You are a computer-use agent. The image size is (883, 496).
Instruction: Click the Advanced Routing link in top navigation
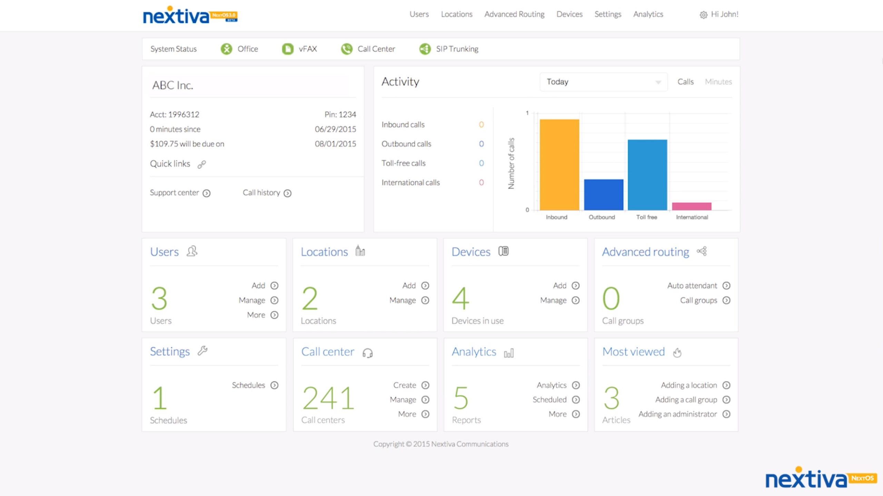(514, 14)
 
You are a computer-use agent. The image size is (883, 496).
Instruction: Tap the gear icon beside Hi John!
(703, 15)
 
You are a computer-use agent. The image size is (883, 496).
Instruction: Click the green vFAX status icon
(287, 49)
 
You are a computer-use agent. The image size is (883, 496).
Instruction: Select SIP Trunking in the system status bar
(457, 49)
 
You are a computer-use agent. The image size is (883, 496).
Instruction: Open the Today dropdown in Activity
(603, 82)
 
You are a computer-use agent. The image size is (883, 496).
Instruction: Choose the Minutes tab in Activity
(718, 82)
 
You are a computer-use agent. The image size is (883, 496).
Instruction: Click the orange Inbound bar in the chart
(559, 165)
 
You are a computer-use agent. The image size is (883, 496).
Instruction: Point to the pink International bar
(692, 206)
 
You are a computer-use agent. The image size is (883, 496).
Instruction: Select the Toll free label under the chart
(646, 217)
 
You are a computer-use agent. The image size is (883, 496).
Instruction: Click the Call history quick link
(261, 193)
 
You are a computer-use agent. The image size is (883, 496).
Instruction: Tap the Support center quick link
(175, 193)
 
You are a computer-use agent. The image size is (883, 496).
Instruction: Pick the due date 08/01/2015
(335, 144)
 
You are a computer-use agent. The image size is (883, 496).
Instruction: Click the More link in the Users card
(256, 315)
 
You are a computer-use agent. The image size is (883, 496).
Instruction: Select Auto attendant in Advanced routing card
(692, 285)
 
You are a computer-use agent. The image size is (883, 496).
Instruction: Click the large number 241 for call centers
(328, 398)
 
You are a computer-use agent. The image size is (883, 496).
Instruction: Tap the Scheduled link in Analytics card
(549, 399)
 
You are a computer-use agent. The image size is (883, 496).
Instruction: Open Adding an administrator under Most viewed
(677, 414)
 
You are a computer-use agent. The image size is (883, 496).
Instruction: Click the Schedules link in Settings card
(248, 385)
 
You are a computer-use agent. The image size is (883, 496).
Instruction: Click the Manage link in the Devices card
(553, 300)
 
